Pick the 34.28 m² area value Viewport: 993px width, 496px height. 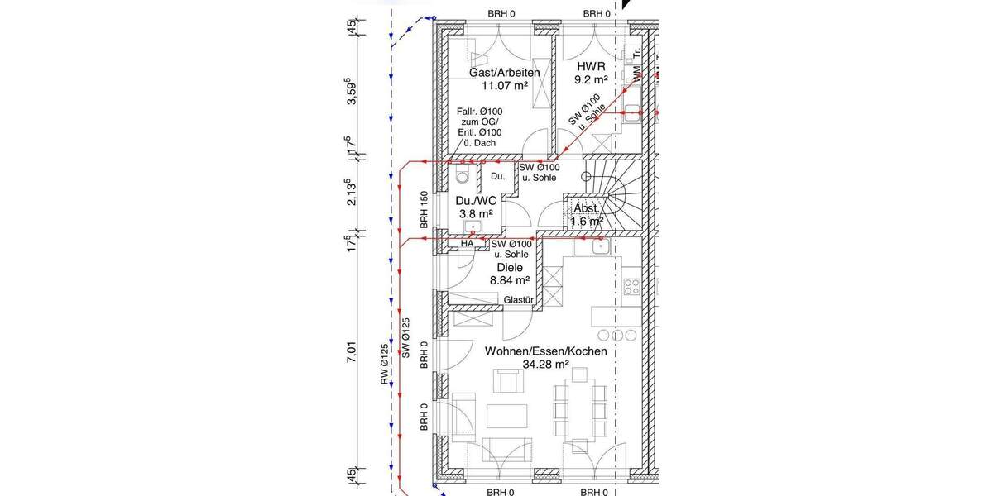pyautogui.click(x=545, y=364)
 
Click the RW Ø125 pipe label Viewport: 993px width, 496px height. pyautogui.click(x=385, y=364)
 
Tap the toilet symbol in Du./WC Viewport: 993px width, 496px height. pyautogui.click(x=462, y=178)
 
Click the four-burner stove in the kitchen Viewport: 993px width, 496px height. pyautogui.click(x=631, y=288)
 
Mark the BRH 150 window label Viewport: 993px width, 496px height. pyautogui.click(x=424, y=210)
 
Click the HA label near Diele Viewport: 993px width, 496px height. pyautogui.click(x=467, y=245)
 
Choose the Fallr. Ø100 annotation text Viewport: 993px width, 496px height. pyautogui.click(x=479, y=112)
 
